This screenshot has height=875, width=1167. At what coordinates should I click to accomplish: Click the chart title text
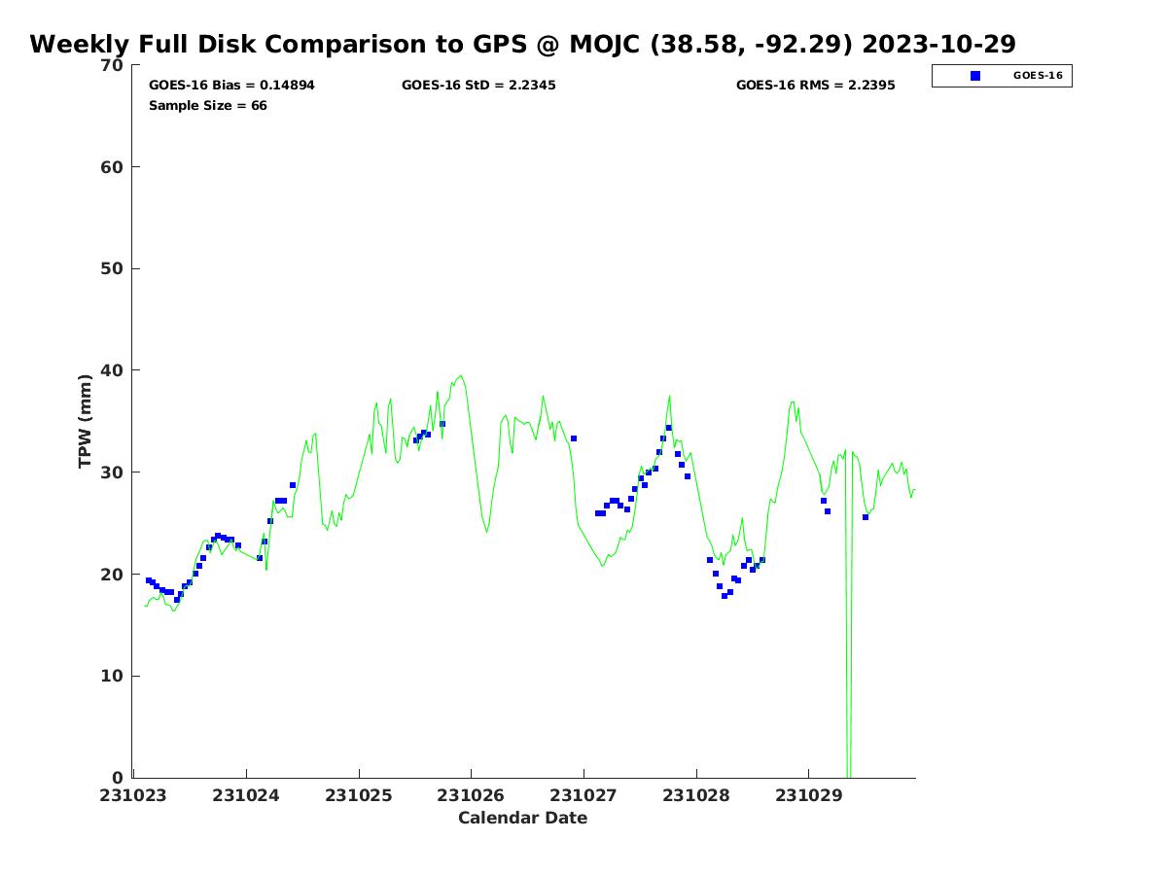point(522,45)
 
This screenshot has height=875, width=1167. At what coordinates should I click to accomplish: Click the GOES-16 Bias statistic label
point(231,86)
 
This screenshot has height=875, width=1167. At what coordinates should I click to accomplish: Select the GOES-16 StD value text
point(478,86)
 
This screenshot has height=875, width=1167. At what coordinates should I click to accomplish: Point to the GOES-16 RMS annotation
point(815,86)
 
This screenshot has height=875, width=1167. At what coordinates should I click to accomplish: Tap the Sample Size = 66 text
point(207,106)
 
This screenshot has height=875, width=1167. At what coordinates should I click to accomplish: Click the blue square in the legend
point(975,76)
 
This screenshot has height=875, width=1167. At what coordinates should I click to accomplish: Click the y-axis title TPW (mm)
point(86,421)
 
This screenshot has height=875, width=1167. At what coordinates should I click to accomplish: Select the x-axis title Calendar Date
point(522,819)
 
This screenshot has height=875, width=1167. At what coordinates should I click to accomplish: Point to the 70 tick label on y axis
point(112,65)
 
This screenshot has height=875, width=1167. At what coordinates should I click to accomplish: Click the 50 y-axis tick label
point(112,269)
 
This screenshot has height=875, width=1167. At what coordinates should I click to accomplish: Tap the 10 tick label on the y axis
point(112,677)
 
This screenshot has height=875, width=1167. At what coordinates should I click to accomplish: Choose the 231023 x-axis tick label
point(134,795)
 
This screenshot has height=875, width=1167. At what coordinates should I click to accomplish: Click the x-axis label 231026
point(471,795)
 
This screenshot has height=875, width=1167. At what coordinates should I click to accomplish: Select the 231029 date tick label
point(808,795)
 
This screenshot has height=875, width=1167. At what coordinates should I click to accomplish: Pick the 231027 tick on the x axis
point(583,795)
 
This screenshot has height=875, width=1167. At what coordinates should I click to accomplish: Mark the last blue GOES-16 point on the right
point(866,517)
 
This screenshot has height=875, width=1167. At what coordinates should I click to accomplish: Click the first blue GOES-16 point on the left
point(149,580)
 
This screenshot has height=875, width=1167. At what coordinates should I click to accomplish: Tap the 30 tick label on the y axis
point(112,472)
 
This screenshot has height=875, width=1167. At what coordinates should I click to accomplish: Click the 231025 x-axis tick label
point(359,795)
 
